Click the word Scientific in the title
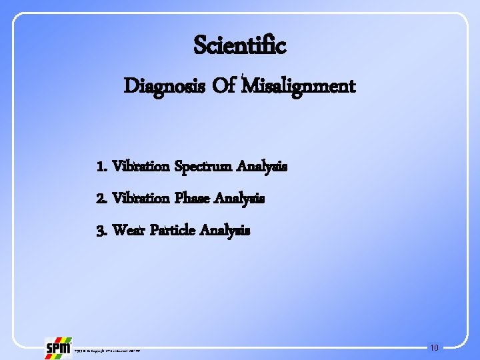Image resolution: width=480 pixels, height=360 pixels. [239, 45]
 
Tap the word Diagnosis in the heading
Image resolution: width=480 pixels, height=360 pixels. [158, 87]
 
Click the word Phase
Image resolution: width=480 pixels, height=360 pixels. [194, 198]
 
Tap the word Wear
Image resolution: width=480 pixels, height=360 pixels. [129, 231]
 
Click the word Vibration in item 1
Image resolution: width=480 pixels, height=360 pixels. [141, 167]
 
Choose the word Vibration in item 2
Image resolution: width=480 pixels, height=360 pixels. [141, 198]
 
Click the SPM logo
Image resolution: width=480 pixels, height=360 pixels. [58, 347]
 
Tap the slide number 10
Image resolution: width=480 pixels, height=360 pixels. [434, 347]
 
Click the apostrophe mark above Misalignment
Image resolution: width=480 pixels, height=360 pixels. [244, 75]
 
